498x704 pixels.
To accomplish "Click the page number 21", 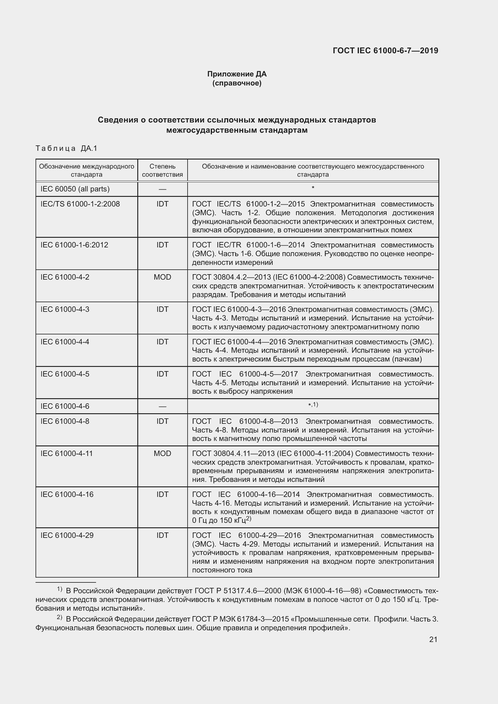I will pos(433,639).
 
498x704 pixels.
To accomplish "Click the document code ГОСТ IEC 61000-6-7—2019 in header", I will pos(385,51).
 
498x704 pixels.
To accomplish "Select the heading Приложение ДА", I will pos(237,74).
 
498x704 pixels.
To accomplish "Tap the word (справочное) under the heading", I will pos(237,83).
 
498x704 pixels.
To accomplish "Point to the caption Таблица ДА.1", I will pos(66,148).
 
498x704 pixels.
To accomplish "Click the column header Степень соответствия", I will pos(162,170).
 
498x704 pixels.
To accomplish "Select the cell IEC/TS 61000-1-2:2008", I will pos(80,204).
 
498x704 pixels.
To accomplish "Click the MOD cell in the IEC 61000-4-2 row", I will pos(162,277).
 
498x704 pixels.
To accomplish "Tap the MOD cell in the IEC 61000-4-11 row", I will pos(162,454).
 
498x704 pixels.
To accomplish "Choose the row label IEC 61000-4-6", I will pos(65,406).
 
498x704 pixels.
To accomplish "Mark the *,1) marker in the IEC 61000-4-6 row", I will pos(313,405).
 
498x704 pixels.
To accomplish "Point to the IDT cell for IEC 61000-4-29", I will pos(162,535).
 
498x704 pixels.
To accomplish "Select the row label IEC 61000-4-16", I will pos(67,495).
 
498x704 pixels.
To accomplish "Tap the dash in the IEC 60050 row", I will pos(162,189).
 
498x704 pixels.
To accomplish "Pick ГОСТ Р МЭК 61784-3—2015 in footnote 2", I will pos(241,619).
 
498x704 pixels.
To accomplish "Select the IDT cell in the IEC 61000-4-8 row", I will pos(162,421).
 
